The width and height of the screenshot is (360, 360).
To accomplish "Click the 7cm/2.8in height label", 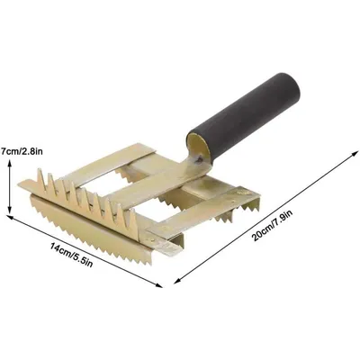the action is pos(22,151).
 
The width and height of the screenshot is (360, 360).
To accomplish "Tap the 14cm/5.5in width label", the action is pos(71,256).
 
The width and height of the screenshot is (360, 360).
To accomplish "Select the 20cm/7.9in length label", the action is pos(272,225).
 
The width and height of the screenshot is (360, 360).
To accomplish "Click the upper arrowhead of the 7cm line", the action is pos(10,162).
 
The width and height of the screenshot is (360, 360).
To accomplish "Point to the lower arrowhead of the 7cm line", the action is pos(10,211).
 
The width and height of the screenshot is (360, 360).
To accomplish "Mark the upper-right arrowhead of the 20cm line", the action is pos(355,153).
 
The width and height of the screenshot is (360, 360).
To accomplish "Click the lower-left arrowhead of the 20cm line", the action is pos(177,281).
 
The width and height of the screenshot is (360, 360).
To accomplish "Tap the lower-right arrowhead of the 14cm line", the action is pos(159,285).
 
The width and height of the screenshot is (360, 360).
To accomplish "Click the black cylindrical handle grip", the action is pos(244,118).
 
